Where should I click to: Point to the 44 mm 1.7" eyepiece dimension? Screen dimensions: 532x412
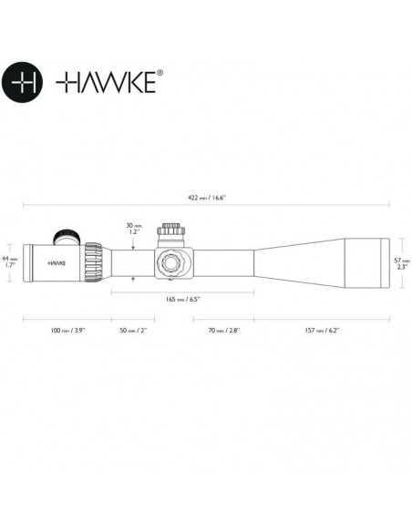(9, 261)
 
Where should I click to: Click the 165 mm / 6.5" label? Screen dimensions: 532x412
(182, 300)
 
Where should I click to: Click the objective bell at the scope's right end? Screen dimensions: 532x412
(365, 262)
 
